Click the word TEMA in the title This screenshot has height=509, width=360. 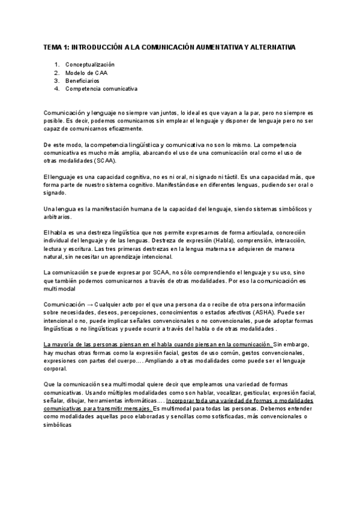(53, 46)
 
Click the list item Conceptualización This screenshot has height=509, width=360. (89, 64)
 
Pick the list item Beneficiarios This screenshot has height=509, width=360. (82, 80)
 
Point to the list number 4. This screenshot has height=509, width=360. (56, 88)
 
